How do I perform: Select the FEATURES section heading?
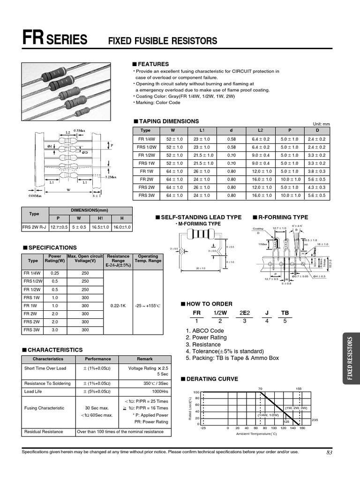[153, 64]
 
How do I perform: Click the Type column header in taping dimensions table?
[145, 131]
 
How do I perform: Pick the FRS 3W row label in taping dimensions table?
[145, 195]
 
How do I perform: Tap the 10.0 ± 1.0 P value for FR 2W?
[289, 179]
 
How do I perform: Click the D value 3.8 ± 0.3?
[316, 171]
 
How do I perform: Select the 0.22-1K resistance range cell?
[118, 306]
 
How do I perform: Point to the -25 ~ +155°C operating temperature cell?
[148, 306]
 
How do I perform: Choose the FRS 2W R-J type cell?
[35, 227]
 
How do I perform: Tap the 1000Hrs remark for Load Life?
[160, 391]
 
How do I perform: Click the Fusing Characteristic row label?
[44, 408]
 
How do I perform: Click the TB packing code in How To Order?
[285, 313]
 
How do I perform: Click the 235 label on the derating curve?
[315, 420]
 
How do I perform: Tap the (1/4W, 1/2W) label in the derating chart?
[268, 415]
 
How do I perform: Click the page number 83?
[329, 452]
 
